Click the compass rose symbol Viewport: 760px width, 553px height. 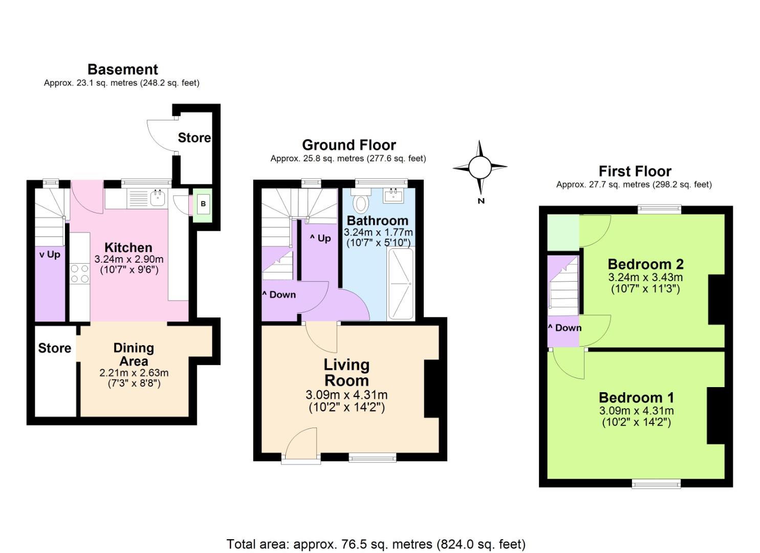480,166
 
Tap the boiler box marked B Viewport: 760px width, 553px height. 203,204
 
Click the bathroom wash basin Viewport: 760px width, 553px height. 394,195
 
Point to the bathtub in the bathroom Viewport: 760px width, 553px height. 401,284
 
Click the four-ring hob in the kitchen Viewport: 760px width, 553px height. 79,273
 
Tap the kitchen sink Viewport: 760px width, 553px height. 157,197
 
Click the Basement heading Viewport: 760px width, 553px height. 122,69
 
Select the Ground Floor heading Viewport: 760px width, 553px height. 349,145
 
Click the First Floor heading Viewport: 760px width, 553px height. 635,171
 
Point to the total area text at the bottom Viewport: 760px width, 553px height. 376,544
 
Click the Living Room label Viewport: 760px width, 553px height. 346,372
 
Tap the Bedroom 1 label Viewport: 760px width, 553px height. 636,397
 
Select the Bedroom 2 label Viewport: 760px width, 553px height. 645,264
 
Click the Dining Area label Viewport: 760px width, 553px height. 134,354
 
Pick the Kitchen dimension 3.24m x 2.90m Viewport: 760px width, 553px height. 128,260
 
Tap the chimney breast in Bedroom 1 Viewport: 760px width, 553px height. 716,415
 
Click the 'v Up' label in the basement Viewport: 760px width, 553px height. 50,254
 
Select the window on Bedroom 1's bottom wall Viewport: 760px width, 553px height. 656,483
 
